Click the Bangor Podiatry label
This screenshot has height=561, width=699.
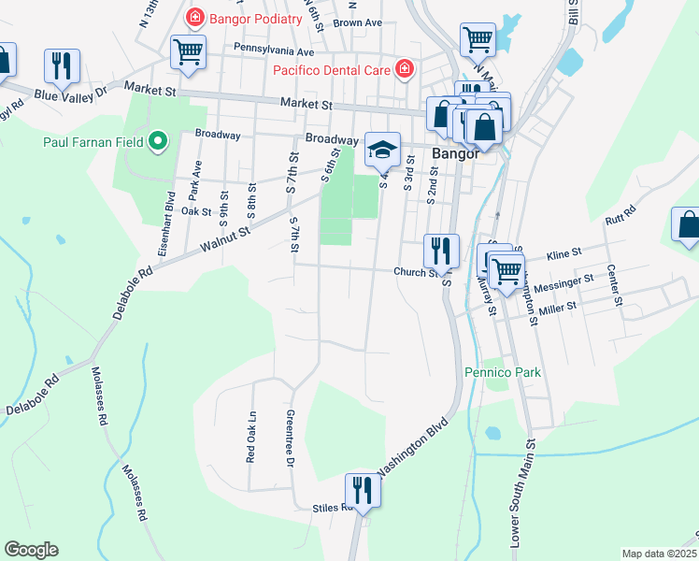(257, 18)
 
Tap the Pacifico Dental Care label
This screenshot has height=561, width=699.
(332, 69)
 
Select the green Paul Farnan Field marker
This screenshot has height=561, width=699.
(158, 142)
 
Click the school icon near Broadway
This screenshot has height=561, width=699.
(382, 149)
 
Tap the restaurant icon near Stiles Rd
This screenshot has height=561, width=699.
(362, 490)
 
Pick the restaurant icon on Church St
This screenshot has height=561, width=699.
(441, 250)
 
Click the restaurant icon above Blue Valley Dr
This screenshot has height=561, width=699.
(62, 65)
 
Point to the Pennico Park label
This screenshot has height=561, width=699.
(503, 372)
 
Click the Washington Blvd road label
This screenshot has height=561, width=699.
(412, 445)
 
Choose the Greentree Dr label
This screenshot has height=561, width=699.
(291, 438)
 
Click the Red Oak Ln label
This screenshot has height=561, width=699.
(250, 438)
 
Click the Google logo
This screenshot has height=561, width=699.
(31, 550)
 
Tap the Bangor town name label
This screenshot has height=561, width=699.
(455, 154)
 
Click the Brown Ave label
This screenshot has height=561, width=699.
(358, 22)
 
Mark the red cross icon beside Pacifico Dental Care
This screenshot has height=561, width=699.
(404, 68)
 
